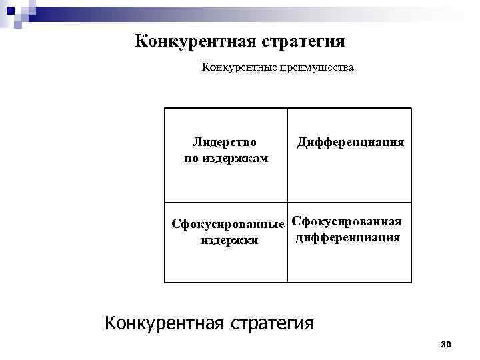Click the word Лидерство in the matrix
tap(225, 142)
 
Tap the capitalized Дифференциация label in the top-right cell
tap(351, 142)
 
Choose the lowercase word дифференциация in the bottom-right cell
tap(347, 237)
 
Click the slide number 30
tap(446, 343)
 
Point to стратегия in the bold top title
tap(303, 42)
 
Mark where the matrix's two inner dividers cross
tap(288, 202)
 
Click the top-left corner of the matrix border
tap(165, 109)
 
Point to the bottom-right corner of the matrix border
tap(411, 282)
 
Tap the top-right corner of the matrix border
tap(411, 109)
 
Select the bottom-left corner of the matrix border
tap(165, 282)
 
